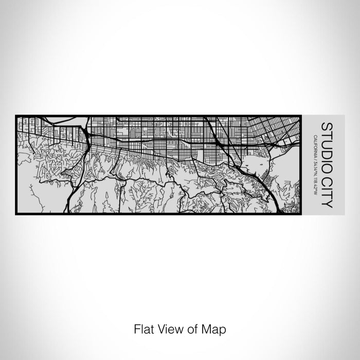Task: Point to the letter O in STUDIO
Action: [x=326, y=164]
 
